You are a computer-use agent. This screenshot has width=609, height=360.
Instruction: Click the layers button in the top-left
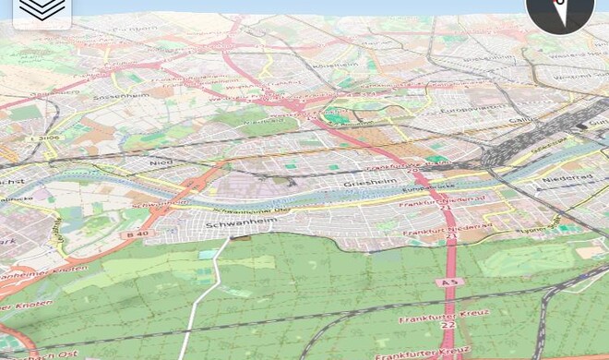point(42,12)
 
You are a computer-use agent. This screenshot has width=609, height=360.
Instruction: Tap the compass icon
point(559,12)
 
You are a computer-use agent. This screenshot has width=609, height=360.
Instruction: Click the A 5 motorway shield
point(448,282)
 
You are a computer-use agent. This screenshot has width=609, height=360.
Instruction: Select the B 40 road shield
point(138,234)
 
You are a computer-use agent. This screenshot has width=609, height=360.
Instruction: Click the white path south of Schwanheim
point(205,295)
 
